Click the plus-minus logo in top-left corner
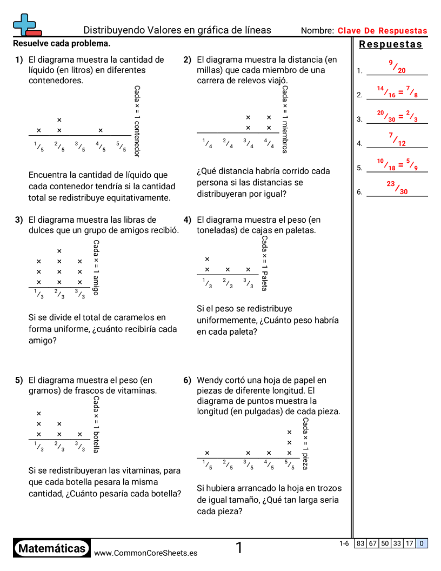(x=25, y=25)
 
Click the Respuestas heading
(x=391, y=44)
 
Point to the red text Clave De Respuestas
(x=382, y=31)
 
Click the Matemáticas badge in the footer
(x=52, y=549)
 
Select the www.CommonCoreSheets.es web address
(x=145, y=553)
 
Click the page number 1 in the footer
(x=239, y=548)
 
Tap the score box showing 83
(x=360, y=544)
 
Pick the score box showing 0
(x=422, y=544)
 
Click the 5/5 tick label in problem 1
(x=121, y=146)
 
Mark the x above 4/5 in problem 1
(x=101, y=130)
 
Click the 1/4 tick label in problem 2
(x=207, y=143)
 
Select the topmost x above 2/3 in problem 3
(x=59, y=251)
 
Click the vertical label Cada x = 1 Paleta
(x=264, y=263)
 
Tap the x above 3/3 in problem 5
(x=80, y=434)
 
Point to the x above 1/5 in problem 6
(x=207, y=453)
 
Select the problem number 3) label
(x=19, y=220)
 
